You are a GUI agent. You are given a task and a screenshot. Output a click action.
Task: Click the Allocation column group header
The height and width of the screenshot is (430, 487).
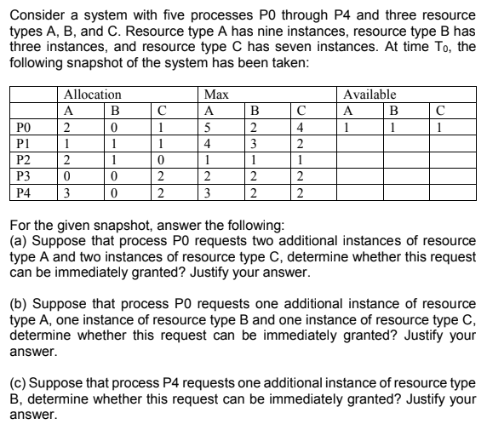pos(93,95)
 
